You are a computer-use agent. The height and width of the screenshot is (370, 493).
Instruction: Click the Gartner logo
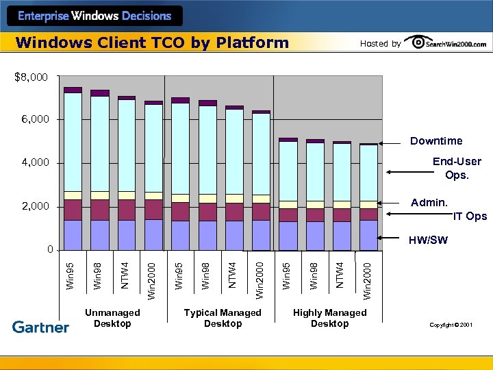pos(41,328)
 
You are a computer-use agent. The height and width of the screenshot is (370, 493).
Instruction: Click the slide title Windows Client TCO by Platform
pos(152,43)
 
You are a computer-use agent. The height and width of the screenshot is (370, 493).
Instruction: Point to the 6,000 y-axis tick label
pos(34,120)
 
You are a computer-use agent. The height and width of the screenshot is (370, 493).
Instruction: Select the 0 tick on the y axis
pos(50,249)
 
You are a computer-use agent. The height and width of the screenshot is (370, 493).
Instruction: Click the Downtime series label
pos(436,141)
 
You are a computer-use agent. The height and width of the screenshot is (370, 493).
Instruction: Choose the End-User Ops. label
pos(457,168)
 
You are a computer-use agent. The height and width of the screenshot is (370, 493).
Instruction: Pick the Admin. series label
pos(429,203)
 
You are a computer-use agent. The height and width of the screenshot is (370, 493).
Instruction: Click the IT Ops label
pos(470,217)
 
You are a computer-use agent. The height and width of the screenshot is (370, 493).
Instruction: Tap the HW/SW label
pos(429,240)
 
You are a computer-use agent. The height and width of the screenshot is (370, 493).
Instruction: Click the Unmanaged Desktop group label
pos(112,318)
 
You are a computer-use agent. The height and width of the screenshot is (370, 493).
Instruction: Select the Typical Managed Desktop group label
pos(223,318)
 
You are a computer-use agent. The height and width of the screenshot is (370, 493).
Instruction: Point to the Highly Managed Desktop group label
pos(329,318)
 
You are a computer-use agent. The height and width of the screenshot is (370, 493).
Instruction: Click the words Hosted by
pos(380,44)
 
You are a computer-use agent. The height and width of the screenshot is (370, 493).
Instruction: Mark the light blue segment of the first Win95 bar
pos(73,141)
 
